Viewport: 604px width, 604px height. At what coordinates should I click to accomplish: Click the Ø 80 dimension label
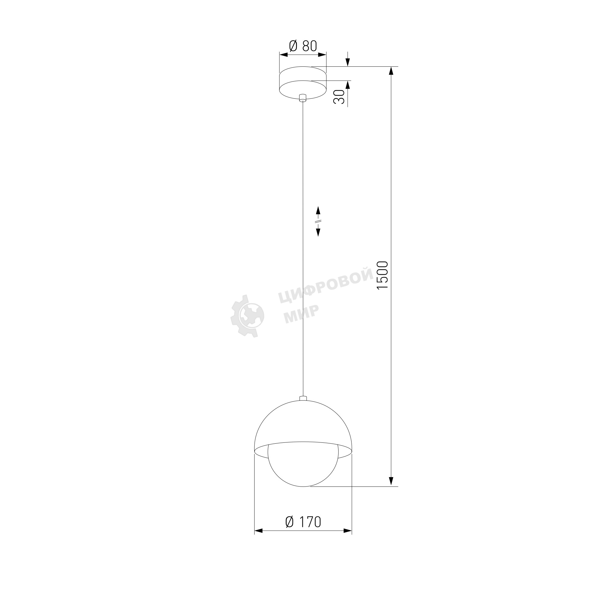tap(303, 46)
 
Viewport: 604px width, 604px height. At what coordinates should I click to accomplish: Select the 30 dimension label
tap(339, 97)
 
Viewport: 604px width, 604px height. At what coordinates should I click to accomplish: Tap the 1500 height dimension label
tap(382, 275)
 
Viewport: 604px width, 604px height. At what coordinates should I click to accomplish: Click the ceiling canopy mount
tap(303, 83)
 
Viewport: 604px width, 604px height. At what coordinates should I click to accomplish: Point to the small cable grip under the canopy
tap(303, 98)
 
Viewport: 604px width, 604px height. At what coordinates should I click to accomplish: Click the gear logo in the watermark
tap(247, 316)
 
